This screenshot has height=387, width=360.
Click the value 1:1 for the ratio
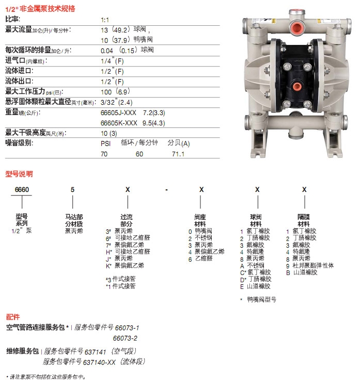click(x=104, y=19)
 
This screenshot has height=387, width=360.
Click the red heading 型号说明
click(x=19, y=173)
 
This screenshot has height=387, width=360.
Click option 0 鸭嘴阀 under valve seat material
click(x=200, y=232)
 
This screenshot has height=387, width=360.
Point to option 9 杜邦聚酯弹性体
click(x=310, y=265)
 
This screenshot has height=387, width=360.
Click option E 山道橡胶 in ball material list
click(x=256, y=285)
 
